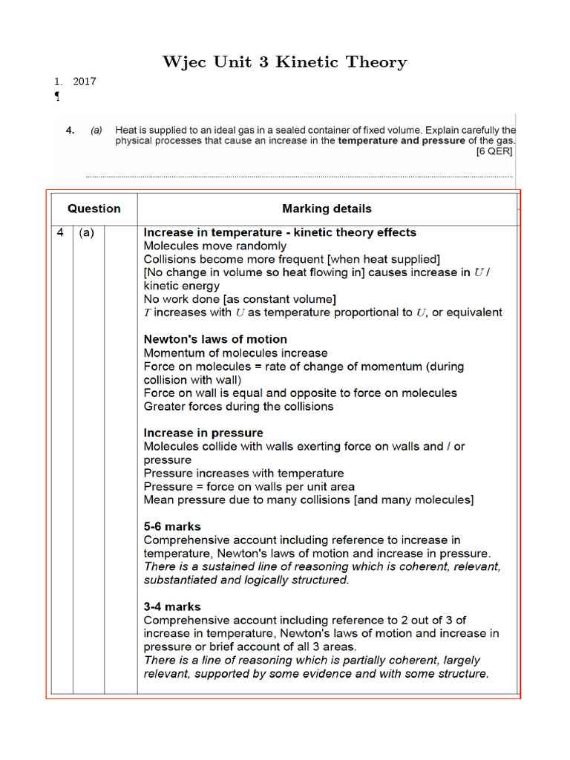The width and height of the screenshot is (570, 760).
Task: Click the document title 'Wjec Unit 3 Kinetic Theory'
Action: pyautogui.click(x=285, y=62)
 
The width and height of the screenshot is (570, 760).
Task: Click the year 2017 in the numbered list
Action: pyautogui.click(x=85, y=82)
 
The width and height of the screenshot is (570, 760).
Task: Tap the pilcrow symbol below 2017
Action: pyautogui.click(x=58, y=96)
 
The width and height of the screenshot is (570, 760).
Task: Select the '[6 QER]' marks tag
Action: pyautogui.click(x=494, y=151)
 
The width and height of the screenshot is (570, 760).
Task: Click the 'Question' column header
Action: pyautogui.click(x=94, y=209)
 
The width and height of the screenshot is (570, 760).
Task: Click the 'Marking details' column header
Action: pyautogui.click(x=327, y=209)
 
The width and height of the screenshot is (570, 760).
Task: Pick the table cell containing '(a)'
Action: pyautogui.click(x=87, y=232)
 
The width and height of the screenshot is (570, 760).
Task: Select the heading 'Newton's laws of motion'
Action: pyautogui.click(x=215, y=339)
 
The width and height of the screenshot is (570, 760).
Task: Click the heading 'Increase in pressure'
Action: pyautogui.click(x=203, y=433)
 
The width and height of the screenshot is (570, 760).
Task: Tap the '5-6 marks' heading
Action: pyautogui.click(x=172, y=526)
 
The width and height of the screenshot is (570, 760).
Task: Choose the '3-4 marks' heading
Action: pyautogui.click(x=172, y=606)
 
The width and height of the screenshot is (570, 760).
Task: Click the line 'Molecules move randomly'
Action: pyautogui.click(x=214, y=246)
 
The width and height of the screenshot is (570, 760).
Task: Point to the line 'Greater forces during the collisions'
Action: pyautogui.click(x=238, y=406)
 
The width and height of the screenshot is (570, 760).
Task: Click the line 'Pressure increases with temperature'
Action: pyautogui.click(x=243, y=473)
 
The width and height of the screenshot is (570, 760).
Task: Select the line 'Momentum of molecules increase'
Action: pyautogui.click(x=235, y=353)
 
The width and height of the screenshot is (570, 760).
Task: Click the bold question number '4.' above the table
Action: pyautogui.click(x=71, y=130)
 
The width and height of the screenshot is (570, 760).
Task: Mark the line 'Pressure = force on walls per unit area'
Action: pyautogui.click(x=249, y=486)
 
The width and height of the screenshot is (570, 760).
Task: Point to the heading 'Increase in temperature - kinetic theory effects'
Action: pyautogui.click(x=280, y=232)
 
